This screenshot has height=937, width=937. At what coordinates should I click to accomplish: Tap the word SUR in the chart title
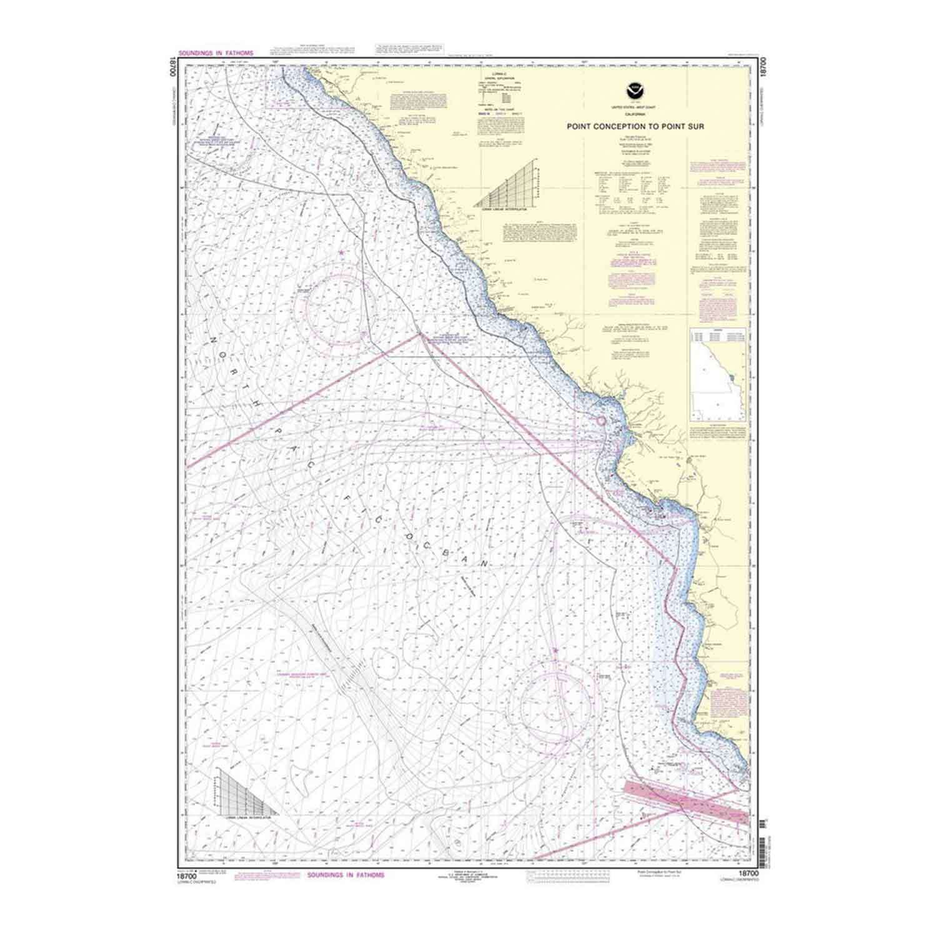(695, 126)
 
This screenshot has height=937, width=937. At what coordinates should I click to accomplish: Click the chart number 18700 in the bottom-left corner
(188, 876)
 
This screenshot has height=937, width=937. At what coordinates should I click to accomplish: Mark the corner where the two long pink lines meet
(420, 335)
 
